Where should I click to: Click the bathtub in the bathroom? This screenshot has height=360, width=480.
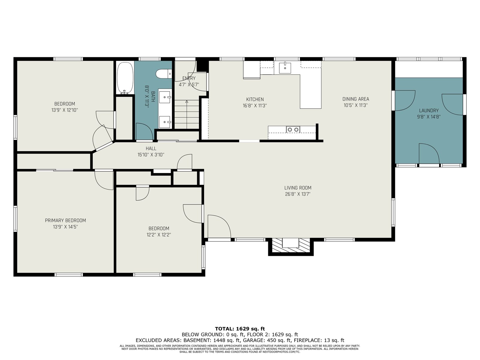(125, 78)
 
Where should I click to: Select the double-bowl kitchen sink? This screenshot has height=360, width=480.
(293, 130)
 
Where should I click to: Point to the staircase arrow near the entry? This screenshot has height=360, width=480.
(187, 114)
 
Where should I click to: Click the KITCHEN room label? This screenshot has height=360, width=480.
(255, 100)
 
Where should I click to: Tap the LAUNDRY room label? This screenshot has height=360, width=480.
(429, 111)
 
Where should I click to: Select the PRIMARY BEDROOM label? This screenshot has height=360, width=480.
(65, 220)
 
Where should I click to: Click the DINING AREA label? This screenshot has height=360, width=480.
(355, 99)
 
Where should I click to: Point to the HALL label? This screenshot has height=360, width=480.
(151, 148)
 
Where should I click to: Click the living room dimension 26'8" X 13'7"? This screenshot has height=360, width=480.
(298, 194)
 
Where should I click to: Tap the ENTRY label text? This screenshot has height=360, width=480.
(189, 78)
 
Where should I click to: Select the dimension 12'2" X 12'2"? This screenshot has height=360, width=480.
(159, 235)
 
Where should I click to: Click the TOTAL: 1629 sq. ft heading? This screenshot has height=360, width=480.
(240, 329)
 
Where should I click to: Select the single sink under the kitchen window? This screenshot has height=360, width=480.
(285, 68)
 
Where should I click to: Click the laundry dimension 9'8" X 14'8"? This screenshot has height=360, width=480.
(429, 117)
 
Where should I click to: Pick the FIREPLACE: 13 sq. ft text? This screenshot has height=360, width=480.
(319, 340)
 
